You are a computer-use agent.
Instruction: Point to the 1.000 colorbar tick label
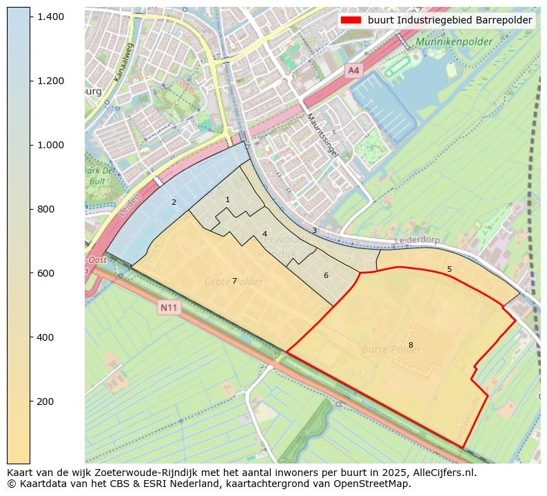(50, 145)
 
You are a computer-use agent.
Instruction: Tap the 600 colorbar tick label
(45, 273)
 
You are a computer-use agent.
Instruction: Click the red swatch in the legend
(351, 20)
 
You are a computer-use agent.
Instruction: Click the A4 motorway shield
(353, 70)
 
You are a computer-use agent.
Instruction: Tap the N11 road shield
(167, 308)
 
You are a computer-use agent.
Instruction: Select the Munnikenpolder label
(453, 42)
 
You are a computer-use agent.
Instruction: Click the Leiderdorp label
(417, 241)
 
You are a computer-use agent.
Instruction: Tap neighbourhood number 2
(174, 202)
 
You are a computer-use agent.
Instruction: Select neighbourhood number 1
(227, 199)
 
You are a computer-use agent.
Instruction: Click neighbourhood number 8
(411, 345)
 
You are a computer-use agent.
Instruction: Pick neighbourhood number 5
(449, 269)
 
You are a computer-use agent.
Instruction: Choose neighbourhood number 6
(326, 275)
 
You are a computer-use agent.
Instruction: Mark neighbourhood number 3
(314, 230)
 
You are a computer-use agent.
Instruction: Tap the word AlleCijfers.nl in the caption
(439, 473)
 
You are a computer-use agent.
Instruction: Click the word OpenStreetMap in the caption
(373, 484)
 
